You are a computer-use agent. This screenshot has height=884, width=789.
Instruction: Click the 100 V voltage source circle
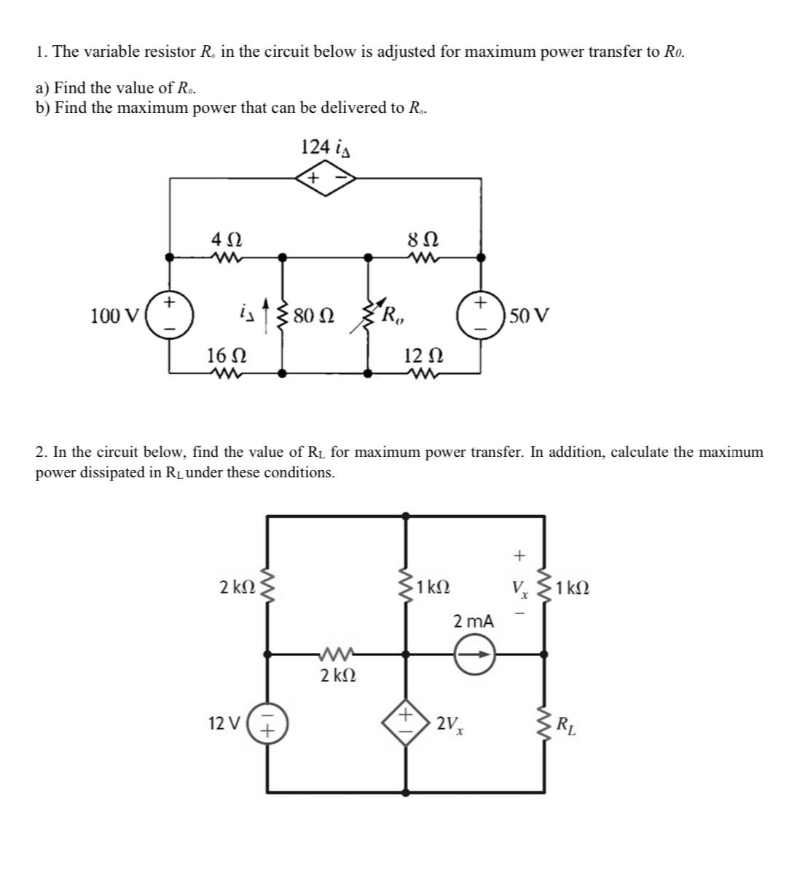170,315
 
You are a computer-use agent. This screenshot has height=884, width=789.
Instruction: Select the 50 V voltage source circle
480,315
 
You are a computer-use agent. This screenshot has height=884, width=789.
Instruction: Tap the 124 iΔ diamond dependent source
325,178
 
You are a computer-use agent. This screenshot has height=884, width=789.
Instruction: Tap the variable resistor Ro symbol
367,316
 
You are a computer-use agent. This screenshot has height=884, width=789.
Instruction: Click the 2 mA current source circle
475,654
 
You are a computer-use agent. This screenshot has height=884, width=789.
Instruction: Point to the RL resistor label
565,726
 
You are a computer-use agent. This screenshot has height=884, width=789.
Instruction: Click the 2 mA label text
474,622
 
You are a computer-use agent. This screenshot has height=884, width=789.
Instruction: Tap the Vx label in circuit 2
519,587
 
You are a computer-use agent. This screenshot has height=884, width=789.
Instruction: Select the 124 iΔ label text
326,146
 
